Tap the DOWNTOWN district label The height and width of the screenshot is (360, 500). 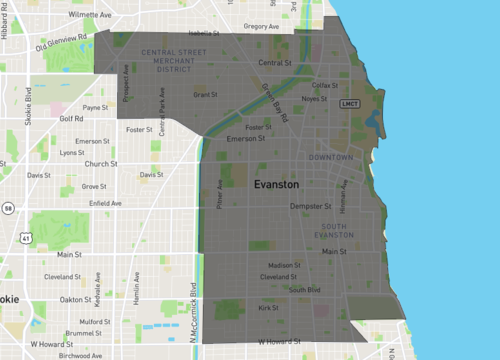[331, 158]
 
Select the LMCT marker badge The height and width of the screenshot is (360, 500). [349, 104]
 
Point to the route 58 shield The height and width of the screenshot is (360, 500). [8, 209]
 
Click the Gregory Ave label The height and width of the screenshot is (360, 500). [261, 26]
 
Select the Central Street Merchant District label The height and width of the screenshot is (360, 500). [166, 59]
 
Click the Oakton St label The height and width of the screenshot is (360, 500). [75, 299]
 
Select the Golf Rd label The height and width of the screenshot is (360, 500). [72, 118]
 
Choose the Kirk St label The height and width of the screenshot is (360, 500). [267, 309]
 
